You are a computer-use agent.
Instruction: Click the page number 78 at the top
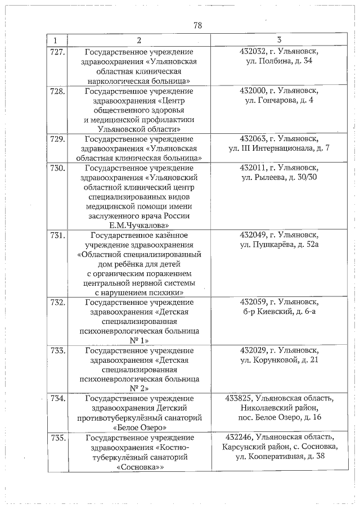click(197, 26)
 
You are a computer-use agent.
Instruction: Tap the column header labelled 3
click(279, 40)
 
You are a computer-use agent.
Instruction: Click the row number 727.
click(58, 52)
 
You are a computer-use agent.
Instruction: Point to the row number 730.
click(58, 168)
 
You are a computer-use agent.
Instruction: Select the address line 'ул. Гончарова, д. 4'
click(279, 100)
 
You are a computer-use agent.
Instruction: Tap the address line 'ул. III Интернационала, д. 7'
click(279, 148)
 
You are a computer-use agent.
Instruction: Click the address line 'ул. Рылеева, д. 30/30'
click(279, 178)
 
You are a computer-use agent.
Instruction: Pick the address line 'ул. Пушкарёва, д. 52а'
click(279, 245)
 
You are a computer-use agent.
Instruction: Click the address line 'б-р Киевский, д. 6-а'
click(279, 313)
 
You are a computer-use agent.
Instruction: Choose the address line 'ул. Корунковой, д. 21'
click(279, 360)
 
